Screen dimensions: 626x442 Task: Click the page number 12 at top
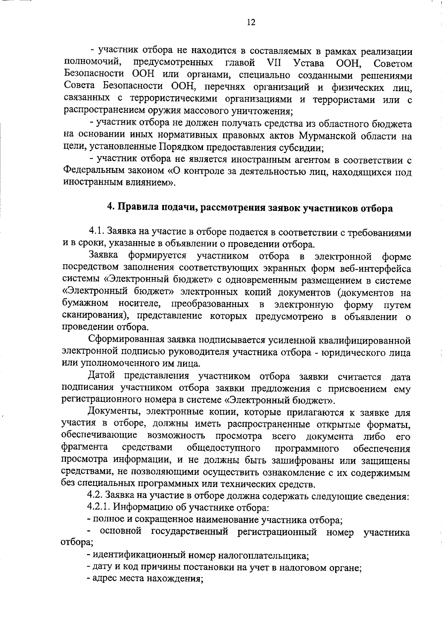pyautogui.click(x=250, y=22)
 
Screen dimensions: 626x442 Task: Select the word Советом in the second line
pyautogui.click(x=393, y=63)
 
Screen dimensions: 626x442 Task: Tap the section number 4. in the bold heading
pyautogui.click(x=110, y=208)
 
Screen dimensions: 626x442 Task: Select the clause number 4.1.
pyautogui.click(x=97, y=232)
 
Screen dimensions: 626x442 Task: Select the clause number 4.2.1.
pyautogui.click(x=98, y=508)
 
